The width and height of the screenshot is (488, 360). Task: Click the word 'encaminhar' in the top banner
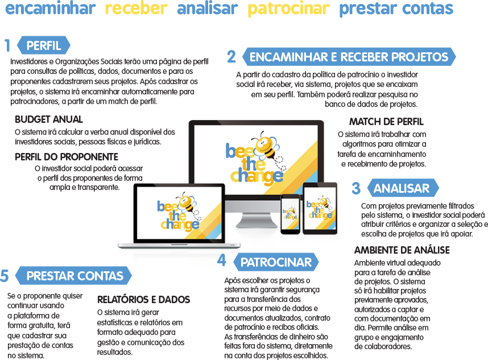[x=49, y=9]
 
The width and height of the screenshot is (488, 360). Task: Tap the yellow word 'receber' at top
[x=137, y=9]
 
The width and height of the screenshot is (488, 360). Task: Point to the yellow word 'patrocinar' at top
[x=288, y=9]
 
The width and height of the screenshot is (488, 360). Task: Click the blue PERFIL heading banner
[x=44, y=45]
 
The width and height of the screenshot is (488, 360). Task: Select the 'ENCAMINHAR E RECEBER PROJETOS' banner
[x=349, y=57]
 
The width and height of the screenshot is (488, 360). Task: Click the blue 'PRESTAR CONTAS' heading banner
[x=75, y=276]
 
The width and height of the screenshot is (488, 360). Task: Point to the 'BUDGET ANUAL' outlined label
[x=49, y=119]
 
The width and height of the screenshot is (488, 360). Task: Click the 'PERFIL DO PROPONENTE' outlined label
[x=67, y=156]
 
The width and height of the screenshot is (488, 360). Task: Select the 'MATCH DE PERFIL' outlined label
[x=386, y=122]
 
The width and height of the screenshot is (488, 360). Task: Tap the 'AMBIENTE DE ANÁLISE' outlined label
[x=402, y=250]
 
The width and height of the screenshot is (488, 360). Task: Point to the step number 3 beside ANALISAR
[x=356, y=188]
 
